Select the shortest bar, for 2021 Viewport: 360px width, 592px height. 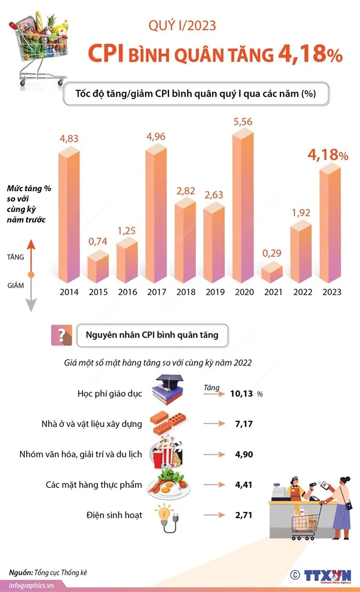coord(272,272)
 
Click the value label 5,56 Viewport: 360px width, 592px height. coord(243,122)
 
